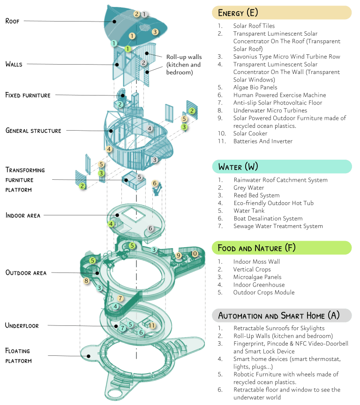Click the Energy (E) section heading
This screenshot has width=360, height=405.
coord(238,13)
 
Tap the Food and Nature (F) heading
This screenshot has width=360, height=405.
coord(256,248)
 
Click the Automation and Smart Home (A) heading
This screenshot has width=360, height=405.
coord(279,316)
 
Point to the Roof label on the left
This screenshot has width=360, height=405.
coord(12,21)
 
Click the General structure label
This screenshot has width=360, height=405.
coord(33,131)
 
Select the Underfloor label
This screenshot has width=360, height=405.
coord(22,325)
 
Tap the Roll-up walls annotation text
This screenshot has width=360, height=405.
coord(184,65)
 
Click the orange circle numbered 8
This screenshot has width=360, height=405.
coord(86,281)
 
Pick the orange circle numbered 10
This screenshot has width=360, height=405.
coord(195,254)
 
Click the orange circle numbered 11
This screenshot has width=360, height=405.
coord(152,326)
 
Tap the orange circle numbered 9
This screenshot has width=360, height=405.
coord(179,256)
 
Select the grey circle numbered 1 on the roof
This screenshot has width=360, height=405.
coord(144,14)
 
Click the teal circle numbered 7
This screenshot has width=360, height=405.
coord(123,328)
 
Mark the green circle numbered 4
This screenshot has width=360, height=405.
coord(111,224)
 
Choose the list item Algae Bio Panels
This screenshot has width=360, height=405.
coord(255,88)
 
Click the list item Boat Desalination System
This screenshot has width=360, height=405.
coord(268,219)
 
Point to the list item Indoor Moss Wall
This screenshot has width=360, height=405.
coord(256,262)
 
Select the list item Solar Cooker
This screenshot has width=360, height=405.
coord(250,133)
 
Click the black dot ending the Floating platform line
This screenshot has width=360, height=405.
coord(89,356)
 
